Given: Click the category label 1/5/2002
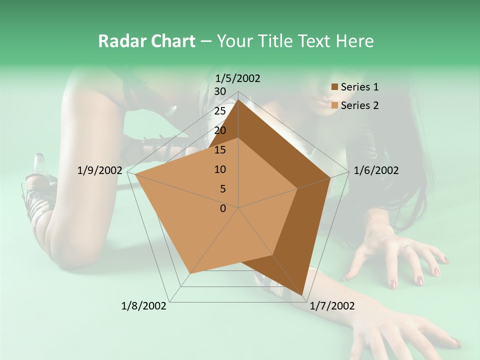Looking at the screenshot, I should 237,78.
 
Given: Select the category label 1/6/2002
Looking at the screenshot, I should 376,170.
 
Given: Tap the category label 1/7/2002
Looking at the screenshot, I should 332,306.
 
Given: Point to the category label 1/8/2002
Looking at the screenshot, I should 144,306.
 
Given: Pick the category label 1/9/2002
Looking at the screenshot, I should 100,170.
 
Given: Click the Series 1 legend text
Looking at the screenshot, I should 359,87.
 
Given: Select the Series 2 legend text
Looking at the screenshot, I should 359,105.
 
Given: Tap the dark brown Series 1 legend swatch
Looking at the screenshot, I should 335,87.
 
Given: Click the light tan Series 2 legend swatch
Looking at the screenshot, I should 335,105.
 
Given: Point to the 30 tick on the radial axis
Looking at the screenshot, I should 220,91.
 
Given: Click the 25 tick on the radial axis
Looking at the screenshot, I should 220,111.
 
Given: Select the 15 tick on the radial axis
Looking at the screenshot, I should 220,150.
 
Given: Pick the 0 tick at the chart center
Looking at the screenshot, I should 223,208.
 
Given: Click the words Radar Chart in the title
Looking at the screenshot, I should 146,41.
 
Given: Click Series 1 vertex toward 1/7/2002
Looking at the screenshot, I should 302,296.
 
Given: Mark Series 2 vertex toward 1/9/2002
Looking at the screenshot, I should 135,174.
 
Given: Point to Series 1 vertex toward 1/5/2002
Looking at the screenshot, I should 238,99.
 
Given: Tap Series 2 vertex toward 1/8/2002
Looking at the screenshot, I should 190,273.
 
